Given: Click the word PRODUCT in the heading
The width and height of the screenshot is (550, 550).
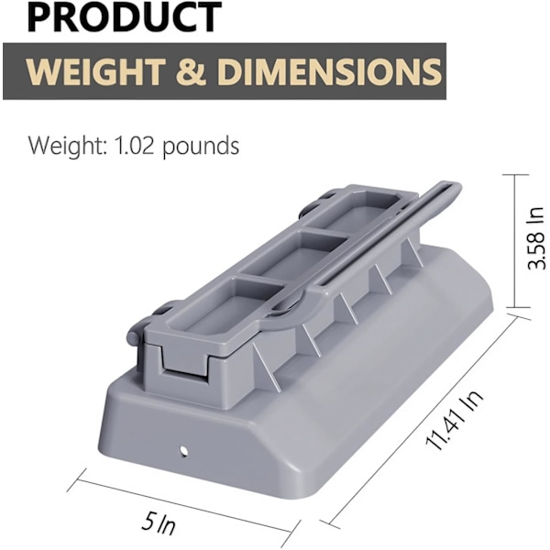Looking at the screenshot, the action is point(124,16).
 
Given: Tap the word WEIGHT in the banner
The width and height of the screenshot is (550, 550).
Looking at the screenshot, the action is point(95,71).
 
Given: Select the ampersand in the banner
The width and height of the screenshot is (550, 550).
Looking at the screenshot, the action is point(191,71).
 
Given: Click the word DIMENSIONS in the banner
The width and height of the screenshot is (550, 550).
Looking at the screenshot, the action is point(329,71).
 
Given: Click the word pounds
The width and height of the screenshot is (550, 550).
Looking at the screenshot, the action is point(201,147).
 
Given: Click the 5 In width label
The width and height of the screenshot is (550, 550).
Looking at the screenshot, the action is point(159,524).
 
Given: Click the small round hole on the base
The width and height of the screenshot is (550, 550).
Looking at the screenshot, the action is point(183,450).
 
